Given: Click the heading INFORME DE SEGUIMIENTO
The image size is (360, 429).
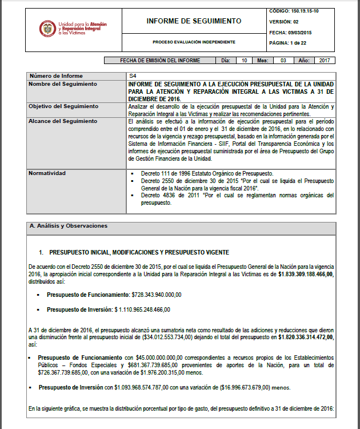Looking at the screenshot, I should pyautogui.click(x=194, y=21).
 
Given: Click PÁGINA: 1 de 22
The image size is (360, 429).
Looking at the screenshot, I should pyautogui.click(x=288, y=43).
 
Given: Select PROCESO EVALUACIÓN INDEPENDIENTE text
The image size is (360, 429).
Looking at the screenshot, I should pyautogui.click(x=194, y=42).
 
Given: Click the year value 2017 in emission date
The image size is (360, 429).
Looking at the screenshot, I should pyautogui.click(x=325, y=60).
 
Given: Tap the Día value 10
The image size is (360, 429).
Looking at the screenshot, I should pyautogui.click(x=245, y=60).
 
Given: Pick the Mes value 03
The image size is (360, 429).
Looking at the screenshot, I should pyautogui.click(x=283, y=60).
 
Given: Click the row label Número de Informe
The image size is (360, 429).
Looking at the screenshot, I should pyautogui.click(x=56, y=76).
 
